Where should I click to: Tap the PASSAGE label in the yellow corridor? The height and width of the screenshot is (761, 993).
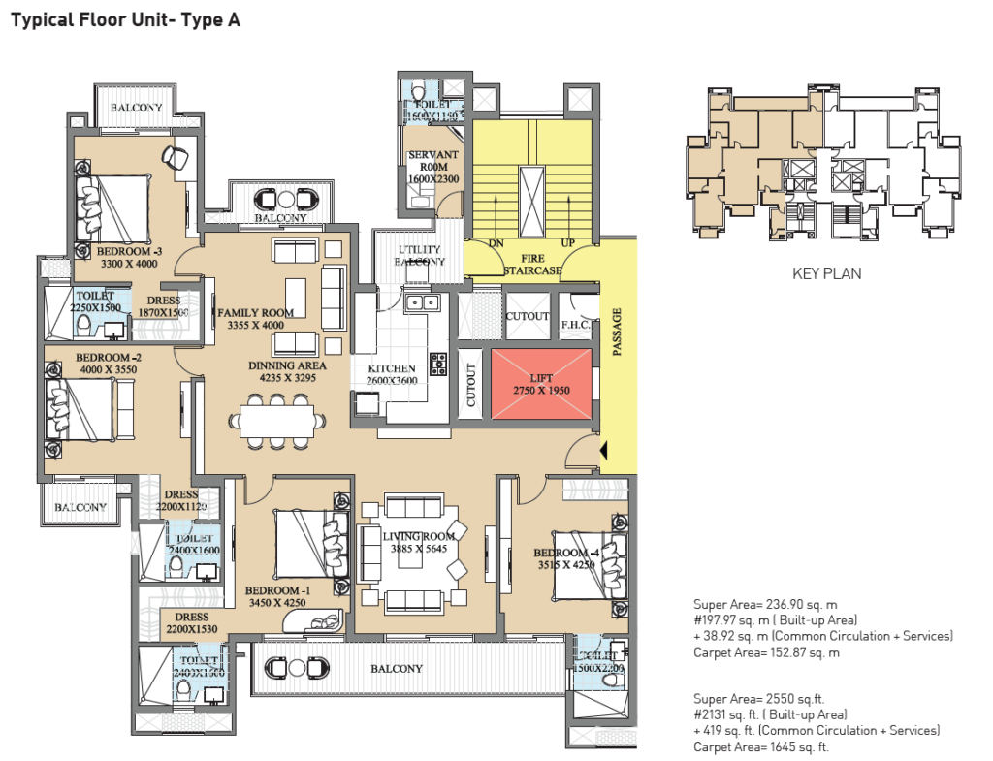click(x=617, y=332)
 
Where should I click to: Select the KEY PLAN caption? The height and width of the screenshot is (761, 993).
click(x=826, y=273)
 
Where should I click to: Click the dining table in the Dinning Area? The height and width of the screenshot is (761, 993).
click(x=276, y=421)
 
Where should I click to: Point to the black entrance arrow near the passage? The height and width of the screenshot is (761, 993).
click(x=604, y=450)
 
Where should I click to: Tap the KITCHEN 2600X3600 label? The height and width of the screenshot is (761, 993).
click(x=392, y=374)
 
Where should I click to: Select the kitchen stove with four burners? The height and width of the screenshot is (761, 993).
click(x=438, y=365)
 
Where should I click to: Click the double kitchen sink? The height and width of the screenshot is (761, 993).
click(x=422, y=303)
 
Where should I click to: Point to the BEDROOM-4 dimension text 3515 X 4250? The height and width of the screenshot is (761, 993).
click(x=565, y=566)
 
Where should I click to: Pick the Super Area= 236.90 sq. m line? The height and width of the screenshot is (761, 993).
click(x=767, y=603)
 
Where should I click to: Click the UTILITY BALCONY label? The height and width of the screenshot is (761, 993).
click(x=420, y=255)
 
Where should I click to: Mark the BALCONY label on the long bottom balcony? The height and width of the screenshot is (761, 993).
click(x=396, y=669)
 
